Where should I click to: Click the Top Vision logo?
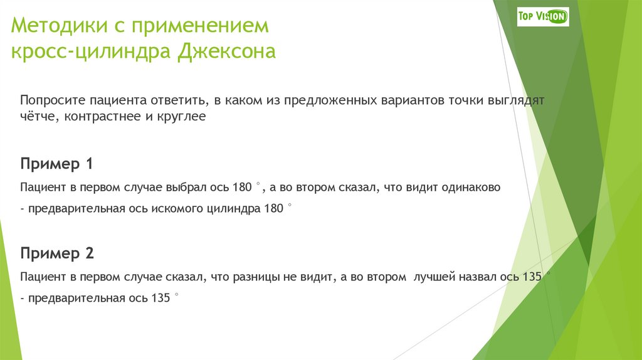(542, 17)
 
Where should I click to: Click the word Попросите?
(52, 100)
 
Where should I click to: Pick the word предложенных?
(331, 100)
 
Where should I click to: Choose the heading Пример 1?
(57, 164)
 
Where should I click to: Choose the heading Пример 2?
(57, 253)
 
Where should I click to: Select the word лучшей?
(434, 277)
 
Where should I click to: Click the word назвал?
(481, 277)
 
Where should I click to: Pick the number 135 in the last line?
(160, 299)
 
